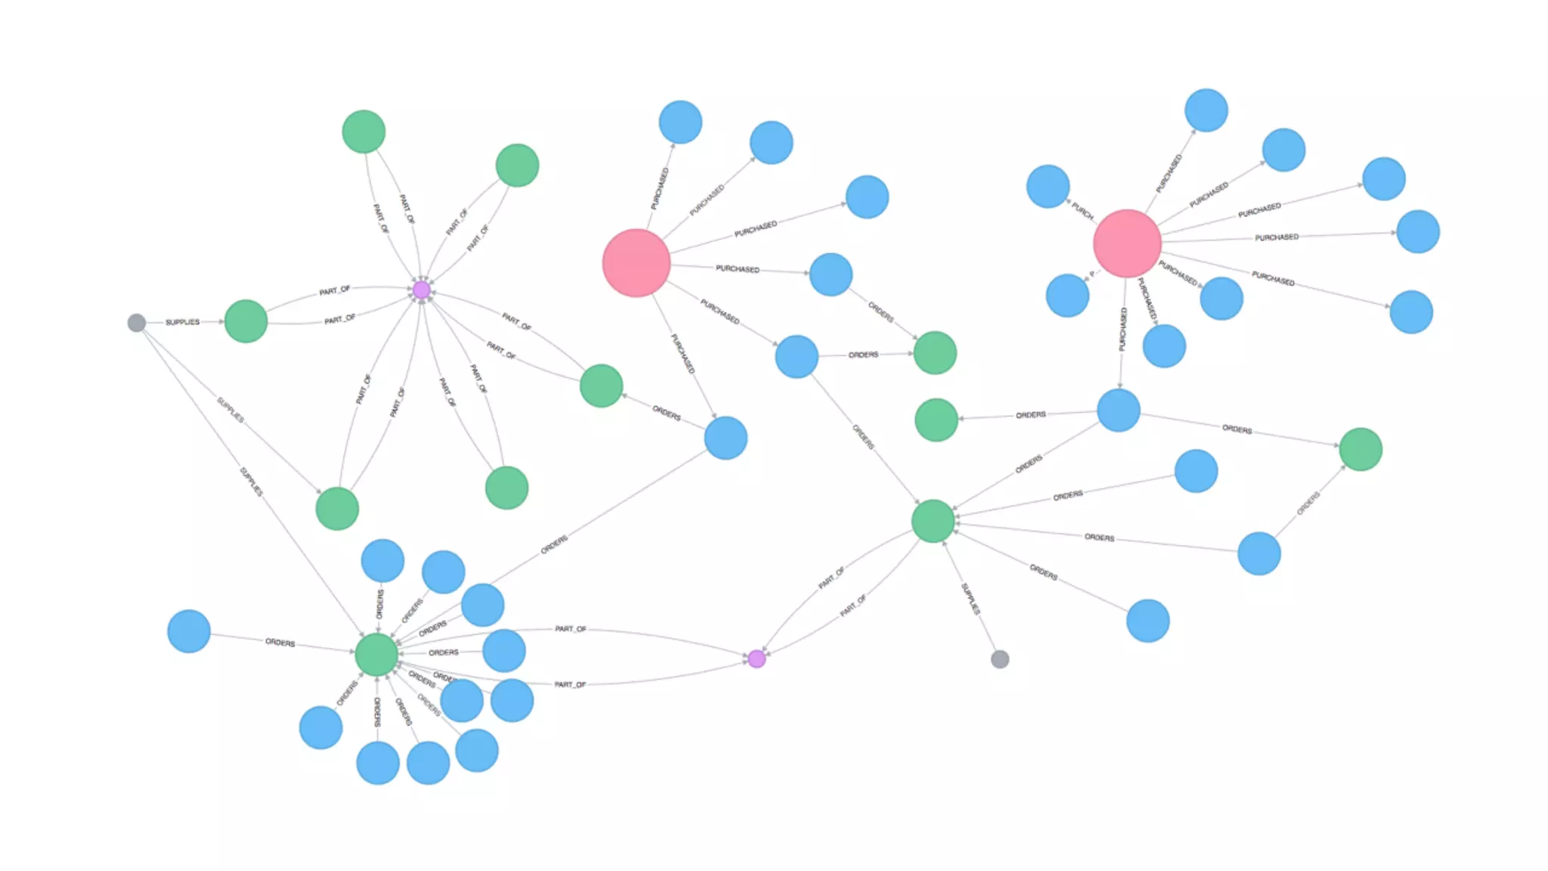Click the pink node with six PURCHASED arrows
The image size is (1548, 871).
(636, 262)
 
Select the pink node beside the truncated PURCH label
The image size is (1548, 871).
(1126, 243)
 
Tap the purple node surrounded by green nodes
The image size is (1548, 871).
(422, 290)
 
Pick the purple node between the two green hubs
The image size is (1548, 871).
(757, 659)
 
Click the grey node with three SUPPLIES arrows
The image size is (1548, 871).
(137, 323)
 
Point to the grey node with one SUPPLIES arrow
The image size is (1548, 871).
(999, 659)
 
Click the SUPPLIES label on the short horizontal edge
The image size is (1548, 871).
(183, 322)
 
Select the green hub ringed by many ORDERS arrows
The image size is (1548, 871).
(376, 654)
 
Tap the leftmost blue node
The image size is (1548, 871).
(189, 631)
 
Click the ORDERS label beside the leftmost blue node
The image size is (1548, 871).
(280, 643)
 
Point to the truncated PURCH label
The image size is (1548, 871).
(1082, 212)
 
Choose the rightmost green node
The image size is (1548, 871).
(1361, 449)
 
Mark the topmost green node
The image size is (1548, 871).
(364, 132)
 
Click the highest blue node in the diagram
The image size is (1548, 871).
(1206, 110)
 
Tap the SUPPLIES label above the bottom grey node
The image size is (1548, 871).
(971, 598)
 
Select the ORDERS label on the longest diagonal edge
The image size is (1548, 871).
(554, 545)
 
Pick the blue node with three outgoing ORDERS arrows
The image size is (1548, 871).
(1119, 411)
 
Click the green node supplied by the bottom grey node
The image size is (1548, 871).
(933, 521)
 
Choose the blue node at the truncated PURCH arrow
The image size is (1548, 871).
(1048, 186)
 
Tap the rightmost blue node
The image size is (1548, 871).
(1418, 231)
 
